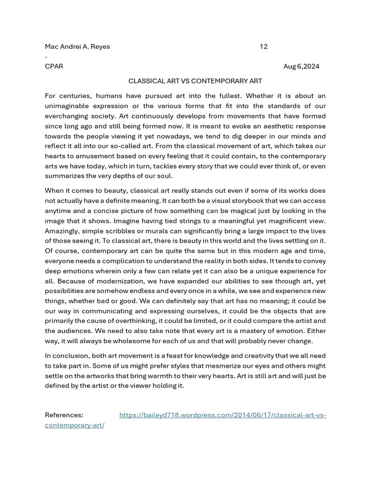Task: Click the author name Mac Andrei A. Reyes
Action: (x=77, y=47)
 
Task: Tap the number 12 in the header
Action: (x=263, y=47)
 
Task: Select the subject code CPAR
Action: (x=54, y=66)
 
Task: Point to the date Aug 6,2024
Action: (x=301, y=66)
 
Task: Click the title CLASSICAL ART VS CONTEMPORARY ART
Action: (x=195, y=81)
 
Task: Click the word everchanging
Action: (x=67, y=116)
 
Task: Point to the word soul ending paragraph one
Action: (x=164, y=176)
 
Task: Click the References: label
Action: (x=64, y=415)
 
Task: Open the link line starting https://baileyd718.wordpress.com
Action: (x=223, y=415)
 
